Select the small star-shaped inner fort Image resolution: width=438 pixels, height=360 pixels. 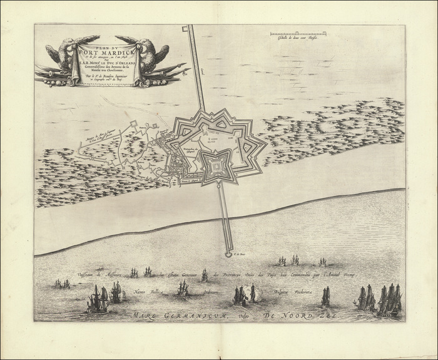click(217, 164)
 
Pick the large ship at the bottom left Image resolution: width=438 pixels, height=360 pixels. click(97, 300)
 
